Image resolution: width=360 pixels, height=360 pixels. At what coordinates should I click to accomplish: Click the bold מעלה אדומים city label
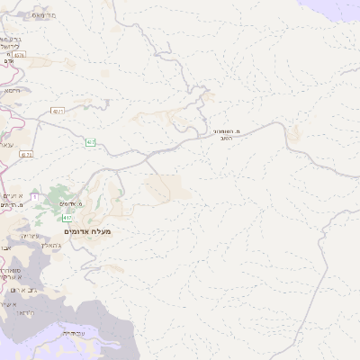[87, 231]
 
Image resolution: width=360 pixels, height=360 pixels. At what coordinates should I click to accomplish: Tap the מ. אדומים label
[93, 204]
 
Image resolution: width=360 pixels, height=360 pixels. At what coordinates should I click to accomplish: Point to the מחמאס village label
[42, 16]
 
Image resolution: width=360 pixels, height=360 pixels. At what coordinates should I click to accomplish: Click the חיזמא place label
[12, 90]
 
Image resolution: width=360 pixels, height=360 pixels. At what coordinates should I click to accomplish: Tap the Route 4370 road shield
[19, 55]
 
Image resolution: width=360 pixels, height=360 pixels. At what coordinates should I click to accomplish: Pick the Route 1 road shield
[34, 195]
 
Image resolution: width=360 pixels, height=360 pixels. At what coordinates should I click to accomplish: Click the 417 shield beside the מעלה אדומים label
[67, 218]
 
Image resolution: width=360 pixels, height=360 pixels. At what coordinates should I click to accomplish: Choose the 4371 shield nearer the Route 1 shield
[26, 154]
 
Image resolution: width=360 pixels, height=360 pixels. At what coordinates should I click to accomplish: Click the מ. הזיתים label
[11, 206]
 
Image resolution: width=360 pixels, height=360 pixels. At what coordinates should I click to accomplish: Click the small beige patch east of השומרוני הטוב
[292, 135]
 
